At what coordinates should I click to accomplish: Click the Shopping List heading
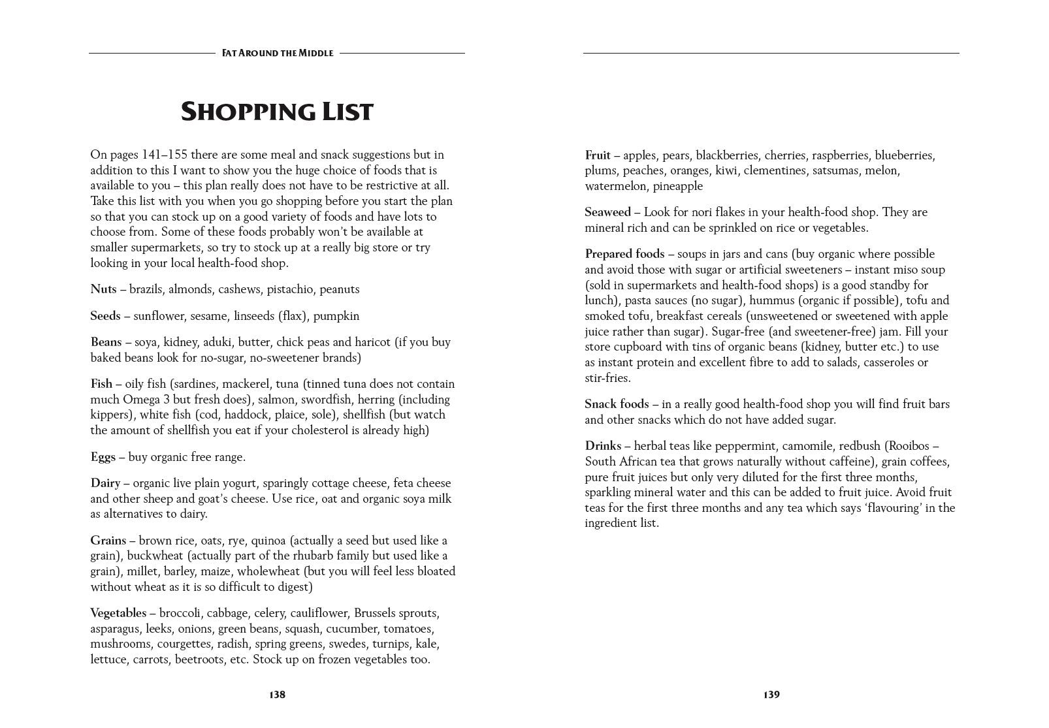(x=276, y=112)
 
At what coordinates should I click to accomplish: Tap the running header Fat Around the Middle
(x=278, y=53)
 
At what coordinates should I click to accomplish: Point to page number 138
(x=277, y=695)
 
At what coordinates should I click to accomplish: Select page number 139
(x=771, y=695)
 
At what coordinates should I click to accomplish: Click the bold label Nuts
(x=103, y=289)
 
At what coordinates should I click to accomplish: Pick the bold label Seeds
(x=105, y=316)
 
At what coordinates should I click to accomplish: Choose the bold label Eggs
(x=103, y=457)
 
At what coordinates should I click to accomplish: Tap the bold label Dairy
(x=105, y=483)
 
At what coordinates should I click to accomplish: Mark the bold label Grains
(x=108, y=541)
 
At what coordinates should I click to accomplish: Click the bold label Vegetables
(x=118, y=613)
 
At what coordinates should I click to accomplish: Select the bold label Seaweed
(x=607, y=212)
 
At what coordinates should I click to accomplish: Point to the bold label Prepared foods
(x=624, y=254)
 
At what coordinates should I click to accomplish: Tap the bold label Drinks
(x=603, y=446)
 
